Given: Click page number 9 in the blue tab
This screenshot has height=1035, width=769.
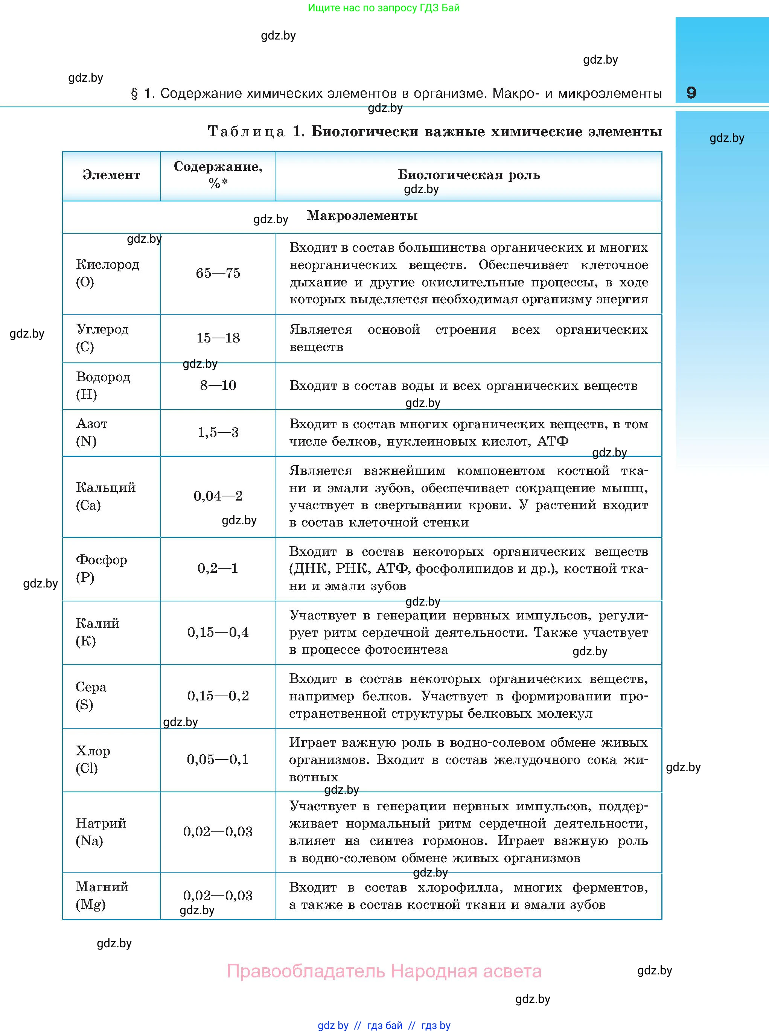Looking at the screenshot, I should [691, 93].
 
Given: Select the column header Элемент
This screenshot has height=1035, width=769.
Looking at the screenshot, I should [111, 175].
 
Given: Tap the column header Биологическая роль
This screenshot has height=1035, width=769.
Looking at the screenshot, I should [468, 175].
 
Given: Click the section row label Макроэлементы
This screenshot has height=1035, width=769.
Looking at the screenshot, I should [362, 216].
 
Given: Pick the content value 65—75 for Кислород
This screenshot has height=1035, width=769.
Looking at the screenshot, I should [218, 273].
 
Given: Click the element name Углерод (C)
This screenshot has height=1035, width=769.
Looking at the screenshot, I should [102, 338].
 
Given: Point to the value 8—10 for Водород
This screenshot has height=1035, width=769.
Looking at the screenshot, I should [218, 385].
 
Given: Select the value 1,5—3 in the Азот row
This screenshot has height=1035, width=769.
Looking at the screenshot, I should [218, 432].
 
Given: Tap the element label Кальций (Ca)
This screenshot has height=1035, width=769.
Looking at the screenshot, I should [106, 496].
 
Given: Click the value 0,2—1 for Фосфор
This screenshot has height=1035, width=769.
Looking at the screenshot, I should [218, 568].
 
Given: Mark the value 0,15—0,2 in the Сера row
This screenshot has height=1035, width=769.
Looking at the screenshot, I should [218, 696].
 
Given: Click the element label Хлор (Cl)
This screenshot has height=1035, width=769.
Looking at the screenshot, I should [93, 759].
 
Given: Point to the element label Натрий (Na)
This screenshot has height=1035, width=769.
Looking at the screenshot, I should [101, 832].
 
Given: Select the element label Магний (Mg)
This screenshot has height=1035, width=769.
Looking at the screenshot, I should [102, 895].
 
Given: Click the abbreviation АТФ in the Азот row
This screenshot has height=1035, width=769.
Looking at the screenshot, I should [553, 441].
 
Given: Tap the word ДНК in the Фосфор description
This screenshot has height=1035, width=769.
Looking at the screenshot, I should [308, 569].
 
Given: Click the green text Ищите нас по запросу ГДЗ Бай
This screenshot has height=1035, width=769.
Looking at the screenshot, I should [384, 8].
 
